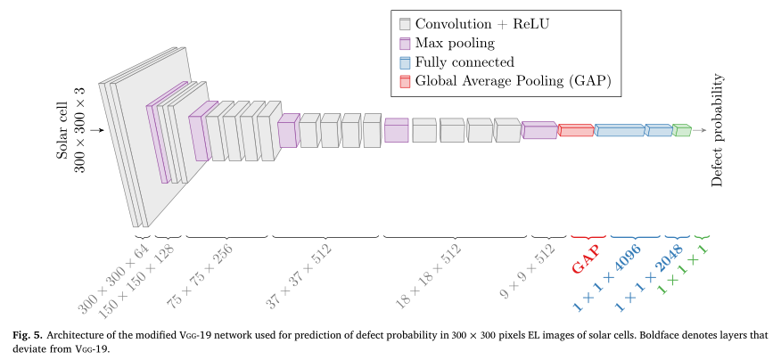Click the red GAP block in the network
click(x=576, y=130)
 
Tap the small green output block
click(x=682, y=130)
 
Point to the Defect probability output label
click(x=717, y=130)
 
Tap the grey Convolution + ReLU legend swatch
click(x=406, y=24)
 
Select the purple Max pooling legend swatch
click(x=406, y=43)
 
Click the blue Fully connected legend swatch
click(x=406, y=62)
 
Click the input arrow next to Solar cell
click(x=97, y=130)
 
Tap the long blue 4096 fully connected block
click(x=619, y=130)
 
